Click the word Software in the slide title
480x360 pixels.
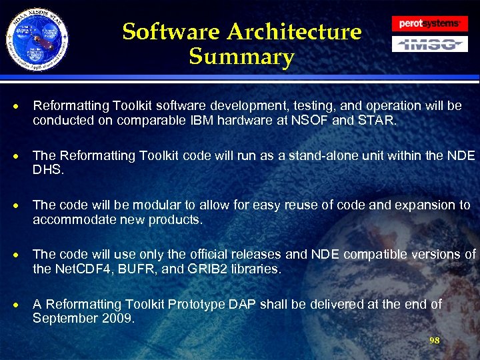171,31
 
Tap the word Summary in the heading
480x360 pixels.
241,57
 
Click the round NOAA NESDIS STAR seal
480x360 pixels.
37,41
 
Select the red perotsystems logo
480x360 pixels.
429,23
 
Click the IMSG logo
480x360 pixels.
429,45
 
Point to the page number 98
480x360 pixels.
434,341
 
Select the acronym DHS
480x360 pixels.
47,170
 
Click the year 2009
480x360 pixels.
116,318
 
